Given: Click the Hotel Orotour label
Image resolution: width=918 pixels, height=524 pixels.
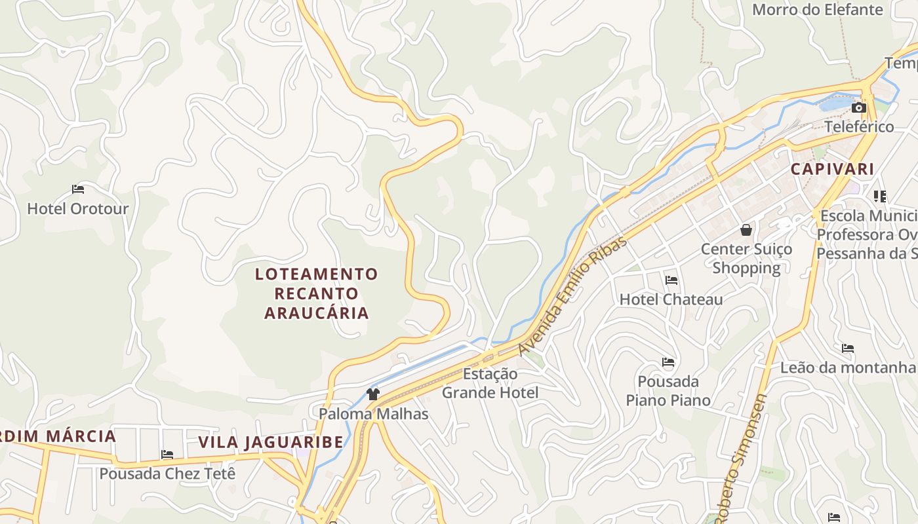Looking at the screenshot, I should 77,209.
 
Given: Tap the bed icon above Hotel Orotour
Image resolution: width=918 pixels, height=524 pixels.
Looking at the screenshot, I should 78,190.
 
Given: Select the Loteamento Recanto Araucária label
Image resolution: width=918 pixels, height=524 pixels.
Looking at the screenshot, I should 317,293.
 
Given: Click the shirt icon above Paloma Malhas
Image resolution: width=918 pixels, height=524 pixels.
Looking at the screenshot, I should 373,394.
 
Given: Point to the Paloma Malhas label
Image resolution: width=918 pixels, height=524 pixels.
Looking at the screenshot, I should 373,414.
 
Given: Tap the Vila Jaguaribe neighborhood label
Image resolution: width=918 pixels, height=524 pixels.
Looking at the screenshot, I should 271,442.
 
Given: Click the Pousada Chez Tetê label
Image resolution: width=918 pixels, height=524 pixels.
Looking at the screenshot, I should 167,473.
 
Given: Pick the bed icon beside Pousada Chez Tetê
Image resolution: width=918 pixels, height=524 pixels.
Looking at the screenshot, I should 167,455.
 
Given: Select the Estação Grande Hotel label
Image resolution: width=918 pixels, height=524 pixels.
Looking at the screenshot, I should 490,383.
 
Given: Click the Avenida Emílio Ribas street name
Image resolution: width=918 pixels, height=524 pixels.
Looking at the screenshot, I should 572,297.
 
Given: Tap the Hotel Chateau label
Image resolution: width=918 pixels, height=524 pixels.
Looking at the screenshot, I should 671,299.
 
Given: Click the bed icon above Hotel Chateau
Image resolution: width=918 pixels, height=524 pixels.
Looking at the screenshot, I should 671,280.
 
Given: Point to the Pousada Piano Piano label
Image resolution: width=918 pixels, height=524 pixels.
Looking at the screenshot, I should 668,390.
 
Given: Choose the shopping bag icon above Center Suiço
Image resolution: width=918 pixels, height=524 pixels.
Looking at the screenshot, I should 746,230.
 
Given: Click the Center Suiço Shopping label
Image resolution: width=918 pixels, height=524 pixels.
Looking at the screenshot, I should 746,258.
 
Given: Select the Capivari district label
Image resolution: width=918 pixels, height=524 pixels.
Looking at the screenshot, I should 832,169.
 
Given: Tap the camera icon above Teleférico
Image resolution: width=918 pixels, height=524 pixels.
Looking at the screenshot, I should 858,108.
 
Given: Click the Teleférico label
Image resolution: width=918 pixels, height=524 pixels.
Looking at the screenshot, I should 858,126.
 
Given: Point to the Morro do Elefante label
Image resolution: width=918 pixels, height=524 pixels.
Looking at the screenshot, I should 817,10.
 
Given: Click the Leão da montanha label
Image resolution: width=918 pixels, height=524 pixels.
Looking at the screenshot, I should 847,367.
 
